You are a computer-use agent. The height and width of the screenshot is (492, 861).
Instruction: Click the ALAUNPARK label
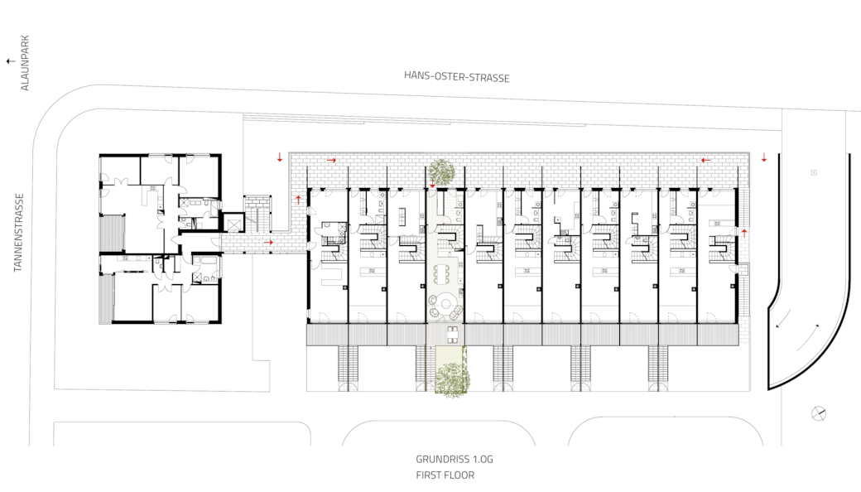click(x=25, y=63)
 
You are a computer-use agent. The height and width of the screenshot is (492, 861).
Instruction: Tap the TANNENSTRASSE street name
click(x=19, y=232)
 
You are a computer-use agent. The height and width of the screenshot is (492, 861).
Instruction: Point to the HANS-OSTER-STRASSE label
click(x=457, y=77)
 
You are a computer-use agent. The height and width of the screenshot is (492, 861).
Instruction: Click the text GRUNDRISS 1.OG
click(x=455, y=459)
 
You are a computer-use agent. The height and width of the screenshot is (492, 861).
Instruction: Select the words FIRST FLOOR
click(x=445, y=475)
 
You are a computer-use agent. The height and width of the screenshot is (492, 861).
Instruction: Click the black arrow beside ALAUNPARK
click(x=11, y=61)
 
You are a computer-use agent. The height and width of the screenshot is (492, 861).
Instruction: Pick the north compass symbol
click(x=818, y=413)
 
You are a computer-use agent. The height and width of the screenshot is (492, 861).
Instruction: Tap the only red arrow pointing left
click(x=705, y=161)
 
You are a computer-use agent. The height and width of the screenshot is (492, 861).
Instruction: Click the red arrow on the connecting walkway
click(x=268, y=242)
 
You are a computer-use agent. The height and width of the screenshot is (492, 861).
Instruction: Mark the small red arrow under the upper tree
click(x=433, y=185)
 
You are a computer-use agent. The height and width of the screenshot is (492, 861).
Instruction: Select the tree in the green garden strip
click(x=453, y=379)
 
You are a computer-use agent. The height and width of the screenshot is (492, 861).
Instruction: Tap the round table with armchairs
click(x=445, y=306)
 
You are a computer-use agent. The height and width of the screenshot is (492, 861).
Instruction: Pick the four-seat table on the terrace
click(x=453, y=334)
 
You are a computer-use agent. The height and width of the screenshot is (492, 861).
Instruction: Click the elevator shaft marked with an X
click(x=233, y=224)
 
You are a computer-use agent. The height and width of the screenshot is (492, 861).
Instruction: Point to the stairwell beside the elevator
click(x=257, y=214)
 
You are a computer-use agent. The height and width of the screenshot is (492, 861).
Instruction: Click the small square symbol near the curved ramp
click(x=814, y=172)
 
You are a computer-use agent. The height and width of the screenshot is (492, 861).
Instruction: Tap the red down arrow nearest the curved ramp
click(x=764, y=157)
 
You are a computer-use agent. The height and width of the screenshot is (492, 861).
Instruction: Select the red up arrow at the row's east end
click(x=744, y=234)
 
